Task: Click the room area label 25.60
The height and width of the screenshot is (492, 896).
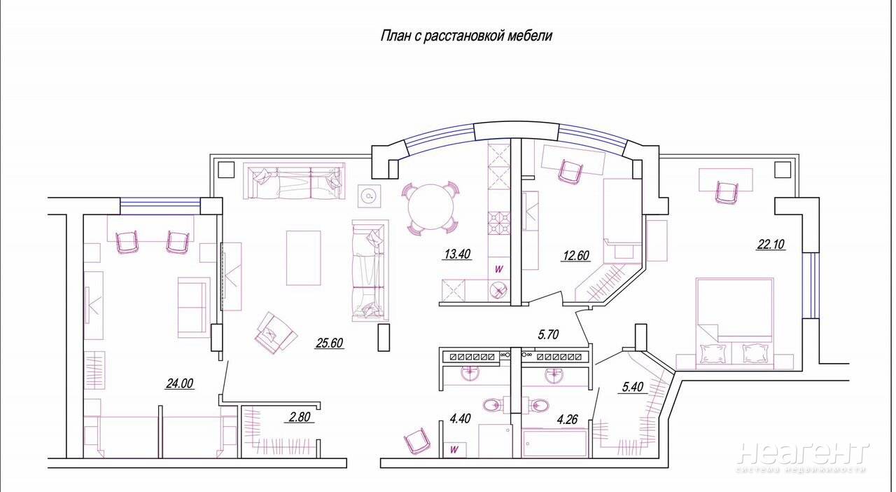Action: (x=329, y=343)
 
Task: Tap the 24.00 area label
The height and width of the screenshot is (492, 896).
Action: (x=180, y=383)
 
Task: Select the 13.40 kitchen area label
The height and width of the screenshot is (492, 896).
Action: (x=457, y=254)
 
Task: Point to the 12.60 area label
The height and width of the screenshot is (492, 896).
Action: (x=575, y=255)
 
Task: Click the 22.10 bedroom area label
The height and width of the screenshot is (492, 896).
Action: (x=771, y=244)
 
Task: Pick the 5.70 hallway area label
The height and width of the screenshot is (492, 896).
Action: (x=548, y=334)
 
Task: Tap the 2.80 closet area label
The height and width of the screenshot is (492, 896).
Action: (x=300, y=417)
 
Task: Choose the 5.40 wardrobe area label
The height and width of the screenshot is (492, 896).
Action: (x=633, y=387)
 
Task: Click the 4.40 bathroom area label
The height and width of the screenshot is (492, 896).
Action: (x=460, y=418)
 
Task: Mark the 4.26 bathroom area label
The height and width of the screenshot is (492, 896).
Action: (x=567, y=420)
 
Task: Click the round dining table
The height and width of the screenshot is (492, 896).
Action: (x=430, y=206)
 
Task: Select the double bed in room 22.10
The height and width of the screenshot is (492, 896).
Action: (x=735, y=323)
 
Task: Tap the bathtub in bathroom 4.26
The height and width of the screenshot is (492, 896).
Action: (x=554, y=444)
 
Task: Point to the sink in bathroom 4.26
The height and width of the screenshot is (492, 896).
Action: (x=554, y=376)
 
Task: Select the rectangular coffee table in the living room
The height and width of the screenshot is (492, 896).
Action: (x=304, y=258)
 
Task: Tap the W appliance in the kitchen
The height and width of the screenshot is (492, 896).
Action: (x=499, y=269)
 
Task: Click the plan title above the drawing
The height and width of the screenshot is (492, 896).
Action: (x=466, y=36)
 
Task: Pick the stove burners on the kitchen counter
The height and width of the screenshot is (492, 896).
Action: (x=499, y=223)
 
